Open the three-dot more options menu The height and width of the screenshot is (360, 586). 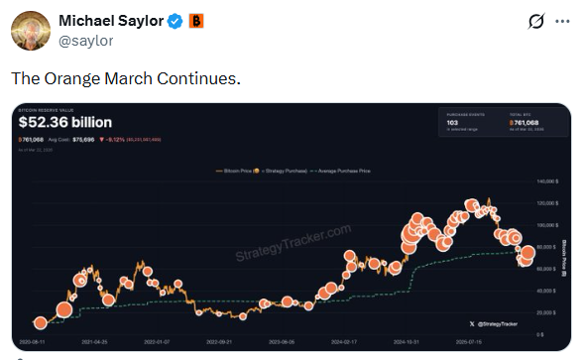tap(562, 22)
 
